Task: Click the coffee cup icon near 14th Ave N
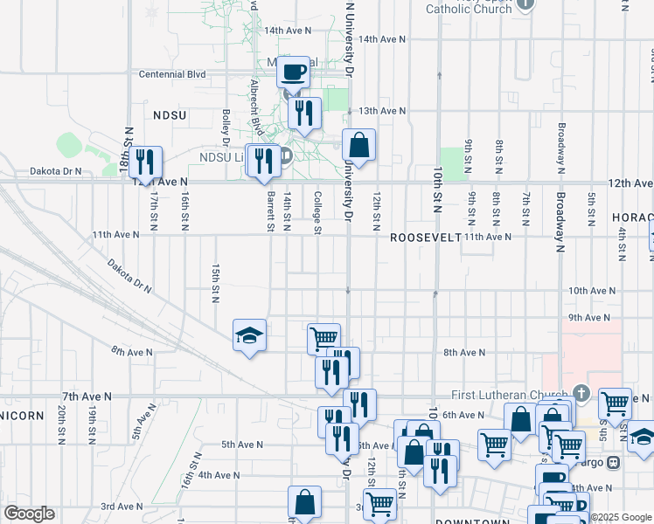294,71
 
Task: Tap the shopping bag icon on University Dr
358,144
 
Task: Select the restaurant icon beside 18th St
146,161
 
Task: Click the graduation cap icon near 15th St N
248,335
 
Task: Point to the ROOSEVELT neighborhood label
425,238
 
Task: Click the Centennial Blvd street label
172,74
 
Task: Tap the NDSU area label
170,114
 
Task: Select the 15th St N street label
214,282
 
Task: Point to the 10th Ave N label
592,290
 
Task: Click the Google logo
29,514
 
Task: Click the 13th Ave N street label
381,111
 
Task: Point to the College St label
317,213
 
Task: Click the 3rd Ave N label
121,507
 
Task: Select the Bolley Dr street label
226,128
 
